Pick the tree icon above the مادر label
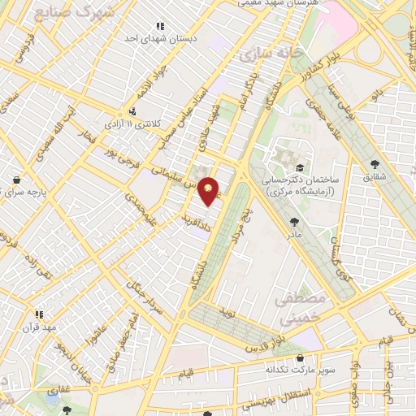point(293,221)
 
